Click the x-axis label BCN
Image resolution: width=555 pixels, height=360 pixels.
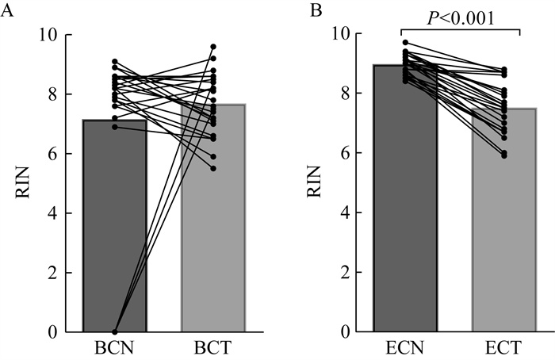(x=115, y=348)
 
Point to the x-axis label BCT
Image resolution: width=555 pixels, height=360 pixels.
(x=212, y=348)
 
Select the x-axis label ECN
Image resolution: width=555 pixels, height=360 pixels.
(x=405, y=348)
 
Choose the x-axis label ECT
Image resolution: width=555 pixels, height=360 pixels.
(x=503, y=348)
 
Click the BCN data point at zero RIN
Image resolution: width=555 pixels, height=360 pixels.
(x=115, y=331)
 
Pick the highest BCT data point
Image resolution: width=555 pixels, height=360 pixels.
(x=213, y=47)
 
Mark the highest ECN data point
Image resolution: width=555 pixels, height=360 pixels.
(x=405, y=43)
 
